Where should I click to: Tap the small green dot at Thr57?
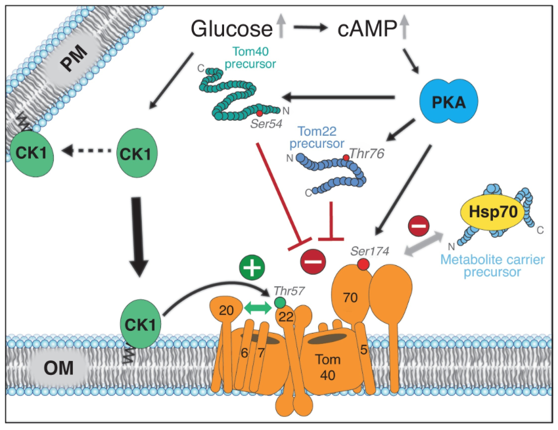[281, 303]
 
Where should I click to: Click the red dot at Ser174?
[363, 264]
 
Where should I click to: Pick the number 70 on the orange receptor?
[351, 297]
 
